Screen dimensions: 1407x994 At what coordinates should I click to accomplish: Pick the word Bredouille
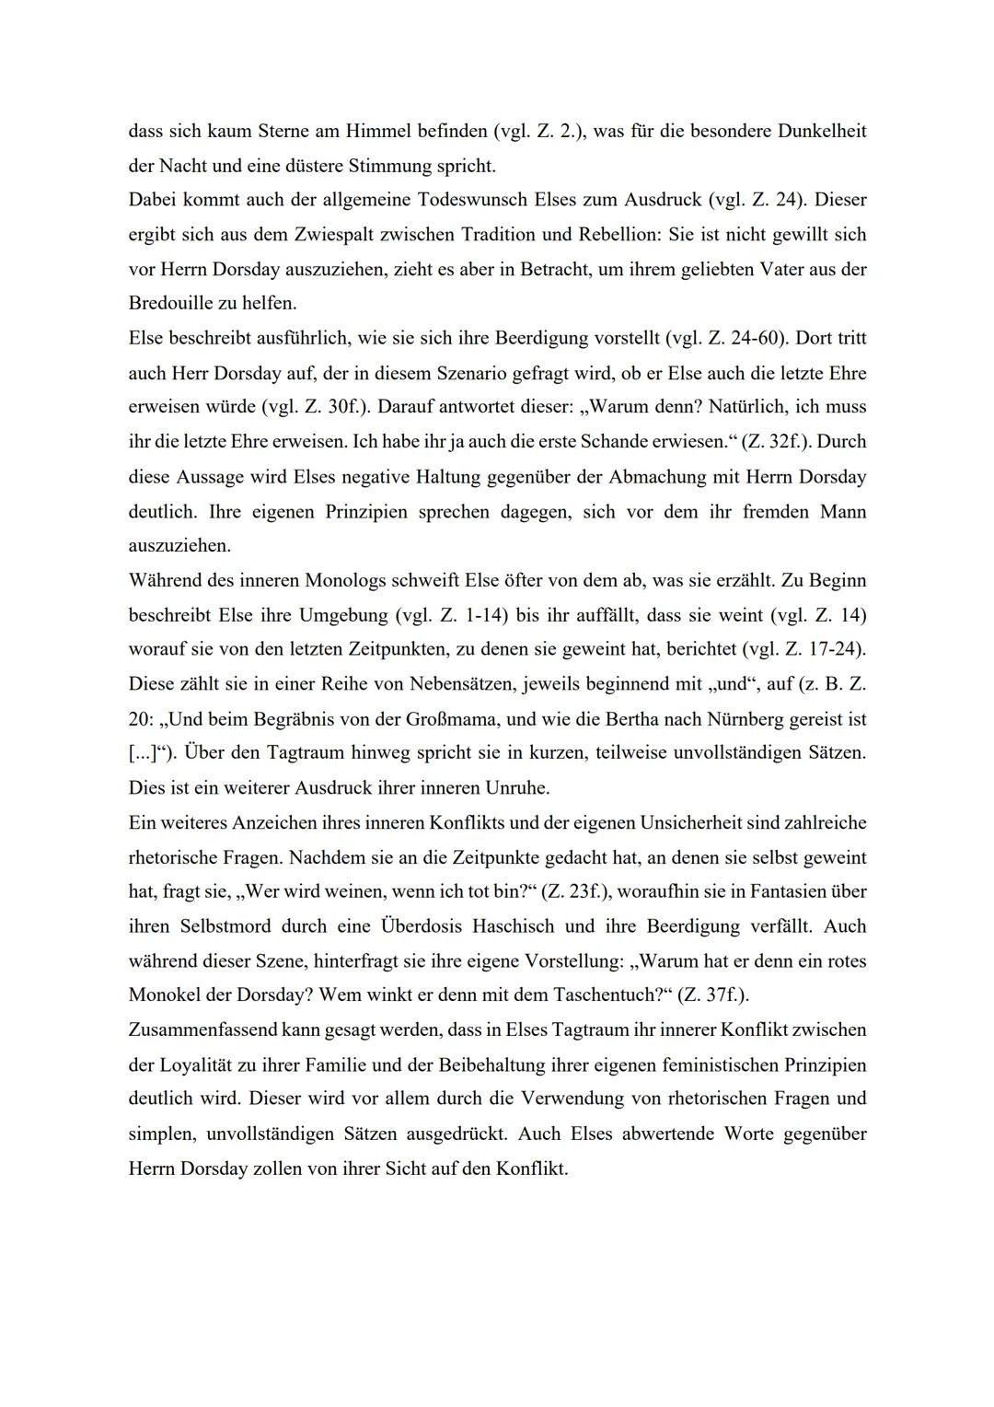tap(170, 304)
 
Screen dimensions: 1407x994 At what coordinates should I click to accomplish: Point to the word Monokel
tap(167, 996)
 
